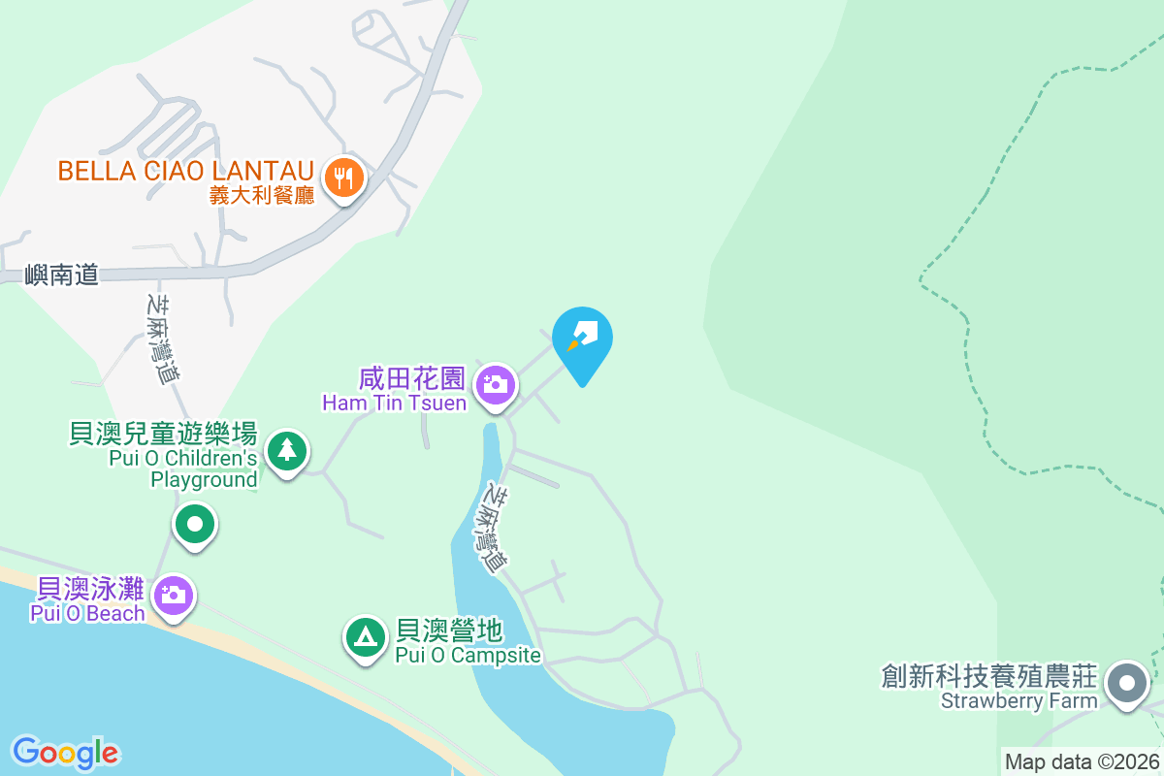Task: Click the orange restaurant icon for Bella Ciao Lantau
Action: point(342,178)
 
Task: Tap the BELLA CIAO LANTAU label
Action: point(184,171)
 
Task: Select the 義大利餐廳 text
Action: point(262,194)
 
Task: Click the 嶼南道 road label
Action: point(62,275)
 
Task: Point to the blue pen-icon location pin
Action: point(582,338)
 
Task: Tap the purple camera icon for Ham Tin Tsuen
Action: point(496,385)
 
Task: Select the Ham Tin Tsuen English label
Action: point(395,403)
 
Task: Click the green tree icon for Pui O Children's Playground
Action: point(286,450)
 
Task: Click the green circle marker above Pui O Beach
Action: point(195,525)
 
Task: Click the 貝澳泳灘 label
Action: point(90,588)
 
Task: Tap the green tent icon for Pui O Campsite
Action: point(365,636)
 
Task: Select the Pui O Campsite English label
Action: point(468,656)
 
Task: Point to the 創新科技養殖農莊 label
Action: point(989,675)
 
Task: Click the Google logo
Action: point(66,753)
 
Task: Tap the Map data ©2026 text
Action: point(1082,761)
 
